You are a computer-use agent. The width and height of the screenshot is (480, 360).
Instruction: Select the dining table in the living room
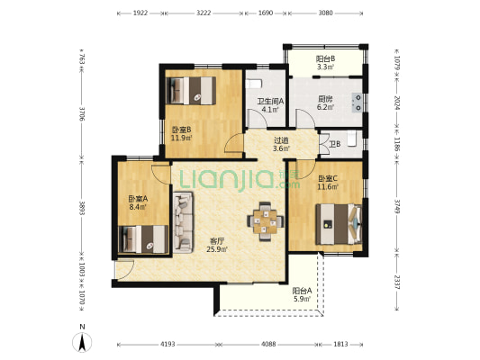[x=266, y=221]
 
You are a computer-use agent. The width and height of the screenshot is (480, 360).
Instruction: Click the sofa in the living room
[x=183, y=222]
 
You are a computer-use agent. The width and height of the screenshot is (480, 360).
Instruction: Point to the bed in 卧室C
[x=339, y=224]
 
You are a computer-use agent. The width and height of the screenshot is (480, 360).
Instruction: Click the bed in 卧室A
[x=143, y=239]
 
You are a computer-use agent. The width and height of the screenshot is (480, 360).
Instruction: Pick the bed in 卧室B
[x=191, y=91]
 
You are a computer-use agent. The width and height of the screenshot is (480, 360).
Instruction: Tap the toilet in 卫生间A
[x=254, y=84]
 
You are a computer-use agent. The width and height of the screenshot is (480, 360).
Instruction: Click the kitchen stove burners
[x=357, y=103]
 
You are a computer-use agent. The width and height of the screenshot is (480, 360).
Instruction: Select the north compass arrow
[x=82, y=342]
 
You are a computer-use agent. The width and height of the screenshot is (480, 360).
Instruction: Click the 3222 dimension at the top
[x=204, y=13]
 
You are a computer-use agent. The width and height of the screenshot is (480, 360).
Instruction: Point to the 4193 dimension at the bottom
[x=168, y=344]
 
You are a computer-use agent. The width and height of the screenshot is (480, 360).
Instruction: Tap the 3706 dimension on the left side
[x=82, y=112]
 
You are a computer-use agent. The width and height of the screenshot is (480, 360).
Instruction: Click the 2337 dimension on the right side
[x=397, y=282]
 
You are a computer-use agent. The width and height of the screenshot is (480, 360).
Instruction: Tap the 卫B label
[x=335, y=144]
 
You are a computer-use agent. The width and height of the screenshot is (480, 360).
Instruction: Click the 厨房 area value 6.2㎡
[x=325, y=107]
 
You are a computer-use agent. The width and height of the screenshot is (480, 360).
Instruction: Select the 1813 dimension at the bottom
[x=340, y=344]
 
